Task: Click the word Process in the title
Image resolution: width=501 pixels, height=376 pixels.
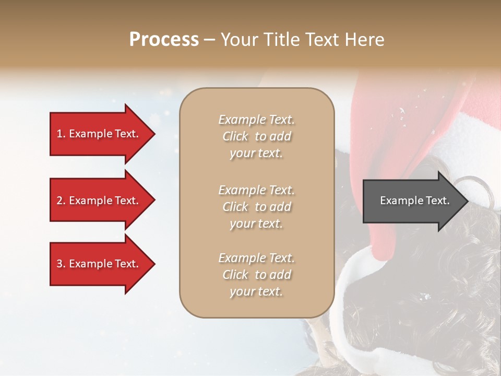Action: pos(164,40)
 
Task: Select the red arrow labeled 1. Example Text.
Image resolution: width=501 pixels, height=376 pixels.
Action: pos(99,134)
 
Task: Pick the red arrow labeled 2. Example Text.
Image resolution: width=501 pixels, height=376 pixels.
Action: pos(99,201)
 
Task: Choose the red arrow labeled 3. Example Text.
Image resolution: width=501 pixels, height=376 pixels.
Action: pos(99,264)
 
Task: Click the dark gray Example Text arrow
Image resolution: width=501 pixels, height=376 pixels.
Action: pos(412,201)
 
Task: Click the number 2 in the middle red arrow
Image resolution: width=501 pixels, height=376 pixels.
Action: pos(59,201)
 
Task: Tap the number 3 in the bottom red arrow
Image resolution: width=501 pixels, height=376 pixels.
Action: pos(59,264)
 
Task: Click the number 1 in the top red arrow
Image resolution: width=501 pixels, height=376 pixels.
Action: pos(59,134)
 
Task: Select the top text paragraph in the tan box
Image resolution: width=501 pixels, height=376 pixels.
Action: pos(256,136)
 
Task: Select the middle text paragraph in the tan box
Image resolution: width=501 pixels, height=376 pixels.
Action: pos(256,207)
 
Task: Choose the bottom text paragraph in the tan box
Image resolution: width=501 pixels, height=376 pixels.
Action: pos(256,275)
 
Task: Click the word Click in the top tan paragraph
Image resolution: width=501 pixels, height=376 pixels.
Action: pos(235,136)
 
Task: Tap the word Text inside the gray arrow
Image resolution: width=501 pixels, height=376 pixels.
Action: pos(437,201)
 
